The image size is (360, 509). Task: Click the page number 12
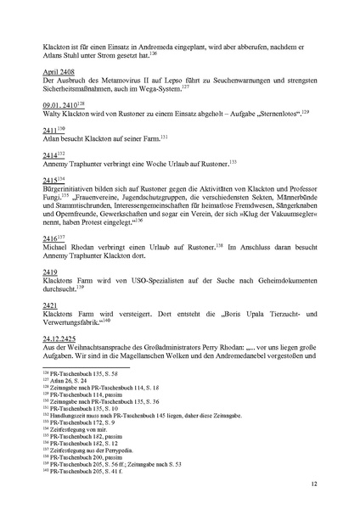[x=314, y=484]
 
